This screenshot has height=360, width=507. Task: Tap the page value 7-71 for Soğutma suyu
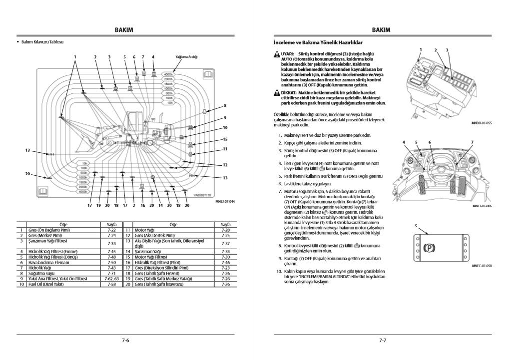point(112,273)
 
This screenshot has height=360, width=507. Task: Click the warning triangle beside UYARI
point(277,53)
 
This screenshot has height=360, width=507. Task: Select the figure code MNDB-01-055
point(481,123)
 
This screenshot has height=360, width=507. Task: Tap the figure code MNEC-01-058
point(481,266)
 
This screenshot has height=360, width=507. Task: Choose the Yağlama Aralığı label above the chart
point(186,57)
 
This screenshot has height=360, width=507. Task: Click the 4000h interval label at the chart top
point(168,74)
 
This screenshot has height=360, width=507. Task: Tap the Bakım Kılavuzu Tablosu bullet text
point(42,41)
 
